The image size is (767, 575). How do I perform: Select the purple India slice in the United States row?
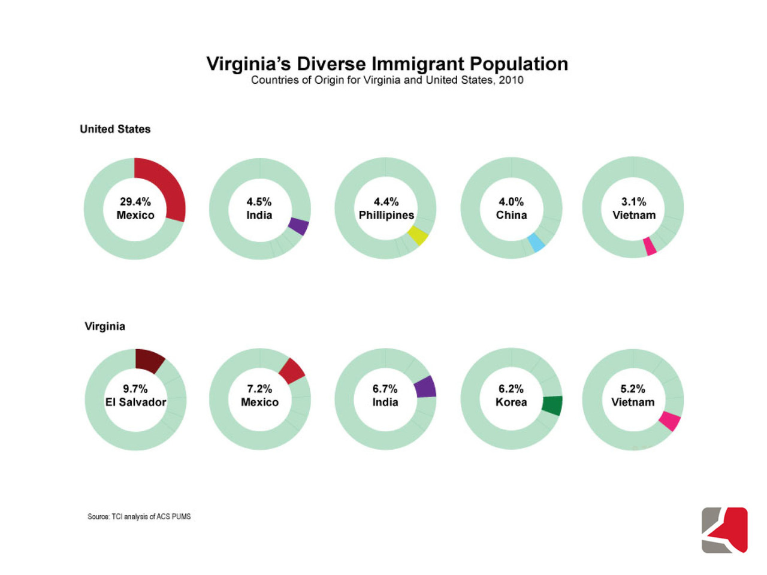click(298, 226)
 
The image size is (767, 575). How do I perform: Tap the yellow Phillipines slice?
click(418, 235)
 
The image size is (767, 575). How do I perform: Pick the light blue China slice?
click(536, 243)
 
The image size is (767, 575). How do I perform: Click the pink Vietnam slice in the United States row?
click(650, 247)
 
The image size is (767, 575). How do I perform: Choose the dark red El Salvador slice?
click(149, 361)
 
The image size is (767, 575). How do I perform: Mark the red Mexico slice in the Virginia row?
click(292, 371)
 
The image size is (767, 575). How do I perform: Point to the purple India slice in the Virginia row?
click(425, 387)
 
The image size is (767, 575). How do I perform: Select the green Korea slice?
click(552, 405)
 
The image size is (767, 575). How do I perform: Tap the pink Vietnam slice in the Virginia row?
click(670, 420)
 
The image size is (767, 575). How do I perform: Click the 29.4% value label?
click(135, 202)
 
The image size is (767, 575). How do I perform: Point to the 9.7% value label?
click(135, 389)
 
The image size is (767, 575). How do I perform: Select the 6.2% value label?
click(511, 389)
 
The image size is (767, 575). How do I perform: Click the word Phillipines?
click(386, 215)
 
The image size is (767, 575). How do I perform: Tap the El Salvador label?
click(135, 402)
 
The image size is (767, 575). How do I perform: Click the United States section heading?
click(115, 129)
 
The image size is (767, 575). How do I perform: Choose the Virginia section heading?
click(105, 326)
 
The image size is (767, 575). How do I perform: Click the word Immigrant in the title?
click(417, 63)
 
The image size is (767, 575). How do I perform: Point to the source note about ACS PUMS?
click(139, 516)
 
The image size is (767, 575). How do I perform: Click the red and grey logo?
click(724, 530)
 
